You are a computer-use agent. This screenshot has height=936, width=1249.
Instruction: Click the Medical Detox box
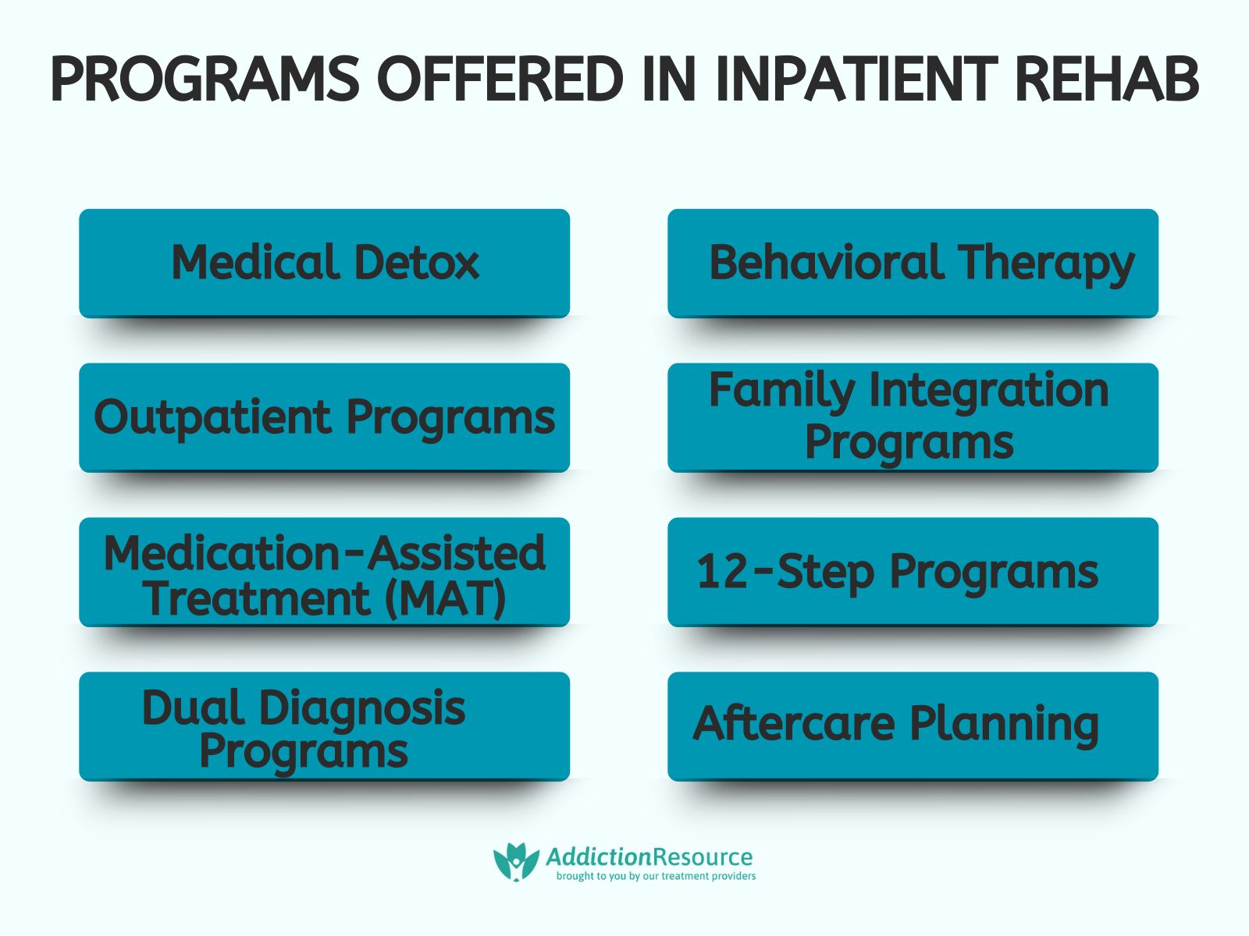coord(324,263)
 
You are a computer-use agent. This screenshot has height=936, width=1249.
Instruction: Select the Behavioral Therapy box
coord(913,263)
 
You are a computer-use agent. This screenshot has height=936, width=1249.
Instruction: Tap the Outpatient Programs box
coord(324,417)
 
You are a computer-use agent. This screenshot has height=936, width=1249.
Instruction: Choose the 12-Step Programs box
coord(913,572)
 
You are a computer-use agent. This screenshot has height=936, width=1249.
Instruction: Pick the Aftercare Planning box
coord(913,725)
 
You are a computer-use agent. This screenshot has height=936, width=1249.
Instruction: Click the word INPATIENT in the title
coord(856,80)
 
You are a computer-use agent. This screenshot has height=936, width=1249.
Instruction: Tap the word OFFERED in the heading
coord(500,80)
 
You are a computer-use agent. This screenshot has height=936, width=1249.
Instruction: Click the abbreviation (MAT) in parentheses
coord(445,600)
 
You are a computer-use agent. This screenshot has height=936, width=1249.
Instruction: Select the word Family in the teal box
coord(781,390)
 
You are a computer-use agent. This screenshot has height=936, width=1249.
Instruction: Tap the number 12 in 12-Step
coord(723,572)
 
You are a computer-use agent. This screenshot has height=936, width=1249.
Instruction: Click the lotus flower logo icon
coord(516,862)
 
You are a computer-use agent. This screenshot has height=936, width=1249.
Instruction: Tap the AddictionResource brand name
coord(649,857)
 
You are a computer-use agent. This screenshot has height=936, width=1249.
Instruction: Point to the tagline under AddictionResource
coord(656,877)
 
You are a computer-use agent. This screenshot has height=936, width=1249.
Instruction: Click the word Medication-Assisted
coord(324,553)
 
